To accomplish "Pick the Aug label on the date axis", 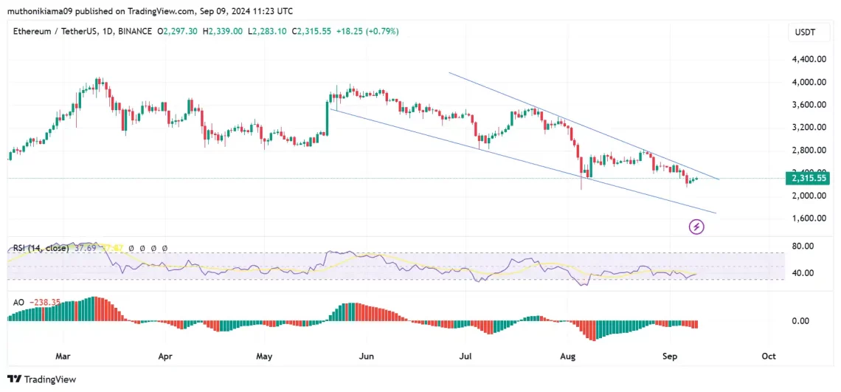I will tap(567, 356).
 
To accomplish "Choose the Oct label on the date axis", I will tap(768, 356).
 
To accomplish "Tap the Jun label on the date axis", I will tap(366, 356).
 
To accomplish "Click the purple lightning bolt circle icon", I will tap(696, 227).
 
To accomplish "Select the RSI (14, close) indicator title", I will tap(41, 249).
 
